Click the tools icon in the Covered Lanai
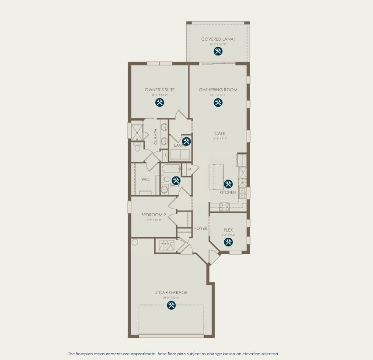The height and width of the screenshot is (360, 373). coord(218,51)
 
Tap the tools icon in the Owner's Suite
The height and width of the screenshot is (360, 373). coord(160,102)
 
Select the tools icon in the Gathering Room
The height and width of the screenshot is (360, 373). coord(218,102)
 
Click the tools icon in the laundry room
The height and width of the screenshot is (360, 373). coord(187,141)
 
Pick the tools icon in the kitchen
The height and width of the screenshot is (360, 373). coord(228,184)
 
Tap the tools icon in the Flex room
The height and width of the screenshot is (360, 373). coord(228,242)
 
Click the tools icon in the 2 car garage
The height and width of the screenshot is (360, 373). coord(171,306)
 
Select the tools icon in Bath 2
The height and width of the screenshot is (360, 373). coord(176,180)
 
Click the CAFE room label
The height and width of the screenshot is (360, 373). coord(220,133)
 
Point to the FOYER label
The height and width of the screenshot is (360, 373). coord(201,228)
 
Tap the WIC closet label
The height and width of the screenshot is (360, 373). coord(145,180)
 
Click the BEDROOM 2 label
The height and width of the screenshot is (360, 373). coord(153,215)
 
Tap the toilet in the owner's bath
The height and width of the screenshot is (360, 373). coord(137,147)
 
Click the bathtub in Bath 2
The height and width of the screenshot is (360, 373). coord(171,169)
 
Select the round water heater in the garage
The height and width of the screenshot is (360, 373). coord(135,242)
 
